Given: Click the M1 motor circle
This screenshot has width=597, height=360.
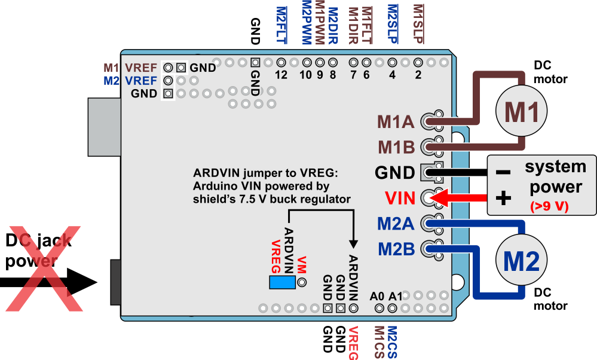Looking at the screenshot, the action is pos(521,111).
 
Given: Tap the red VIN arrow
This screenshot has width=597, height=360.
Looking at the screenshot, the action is pos(460,198).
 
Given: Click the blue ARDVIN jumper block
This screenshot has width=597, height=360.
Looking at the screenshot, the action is pos(282,282).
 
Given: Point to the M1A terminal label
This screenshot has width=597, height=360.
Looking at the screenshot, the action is pos(396,122).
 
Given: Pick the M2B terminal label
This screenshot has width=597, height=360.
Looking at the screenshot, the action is pos(396,249).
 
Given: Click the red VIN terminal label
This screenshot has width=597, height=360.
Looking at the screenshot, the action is pos(400,198).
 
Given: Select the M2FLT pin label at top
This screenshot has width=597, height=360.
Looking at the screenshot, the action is pos(281,25).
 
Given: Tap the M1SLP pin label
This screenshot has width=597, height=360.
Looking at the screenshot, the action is pos(418,24).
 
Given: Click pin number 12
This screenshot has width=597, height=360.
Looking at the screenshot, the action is pos(281,75).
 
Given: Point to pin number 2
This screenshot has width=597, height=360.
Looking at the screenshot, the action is pos(418,75).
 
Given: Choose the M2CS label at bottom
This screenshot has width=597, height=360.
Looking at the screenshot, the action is pos(392,343).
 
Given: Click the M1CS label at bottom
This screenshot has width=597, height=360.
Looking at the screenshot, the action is pos(379,343).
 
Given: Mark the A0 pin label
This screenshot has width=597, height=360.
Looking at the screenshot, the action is pos(377,296).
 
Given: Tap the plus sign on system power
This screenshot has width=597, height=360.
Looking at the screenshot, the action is pos(503,198).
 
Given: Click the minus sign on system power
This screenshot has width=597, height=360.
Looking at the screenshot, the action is pos(503,173).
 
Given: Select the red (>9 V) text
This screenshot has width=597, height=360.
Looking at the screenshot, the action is pos(549,206).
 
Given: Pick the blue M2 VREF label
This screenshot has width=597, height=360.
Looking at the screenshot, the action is pos(130,81).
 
